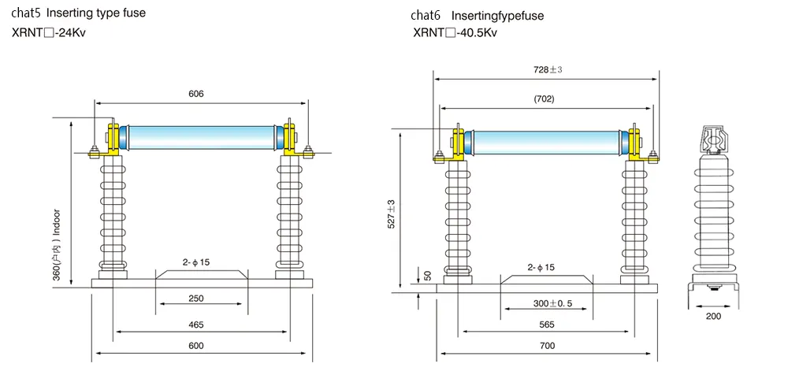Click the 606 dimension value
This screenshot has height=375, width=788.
click(196, 94)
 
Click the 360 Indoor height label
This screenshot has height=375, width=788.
click(56, 244)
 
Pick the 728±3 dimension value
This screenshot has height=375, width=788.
click(547, 69)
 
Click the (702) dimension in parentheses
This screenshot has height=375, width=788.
click(544, 99)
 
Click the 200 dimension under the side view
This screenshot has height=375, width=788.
click(713, 316)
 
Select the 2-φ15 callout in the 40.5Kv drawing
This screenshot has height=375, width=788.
click(541, 268)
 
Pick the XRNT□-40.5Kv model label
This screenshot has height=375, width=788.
click(455, 33)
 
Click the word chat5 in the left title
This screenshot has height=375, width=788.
click(25, 13)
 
